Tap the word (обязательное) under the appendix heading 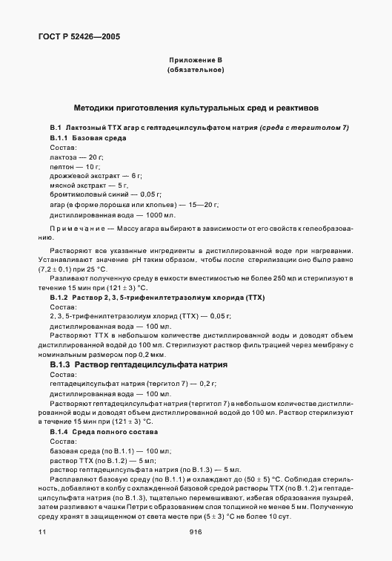196,70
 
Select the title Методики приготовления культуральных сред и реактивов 196,107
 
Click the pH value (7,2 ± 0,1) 66,273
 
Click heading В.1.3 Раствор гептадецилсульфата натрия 139,365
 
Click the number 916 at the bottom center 196,532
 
